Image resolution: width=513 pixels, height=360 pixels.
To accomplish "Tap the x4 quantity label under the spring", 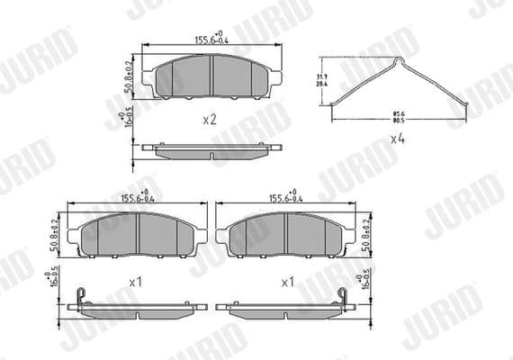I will (398, 139).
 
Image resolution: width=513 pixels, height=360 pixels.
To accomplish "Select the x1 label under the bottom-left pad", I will (137, 282).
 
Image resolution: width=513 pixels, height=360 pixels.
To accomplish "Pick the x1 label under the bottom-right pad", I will (288, 282).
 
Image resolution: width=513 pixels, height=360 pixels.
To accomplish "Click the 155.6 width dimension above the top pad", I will (210, 40).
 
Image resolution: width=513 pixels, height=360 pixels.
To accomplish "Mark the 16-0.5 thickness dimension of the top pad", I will (130, 120).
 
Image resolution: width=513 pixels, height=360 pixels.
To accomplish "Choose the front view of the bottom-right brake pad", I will (286, 236).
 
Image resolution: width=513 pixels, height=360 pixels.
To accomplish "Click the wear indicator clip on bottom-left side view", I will (81, 295).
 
